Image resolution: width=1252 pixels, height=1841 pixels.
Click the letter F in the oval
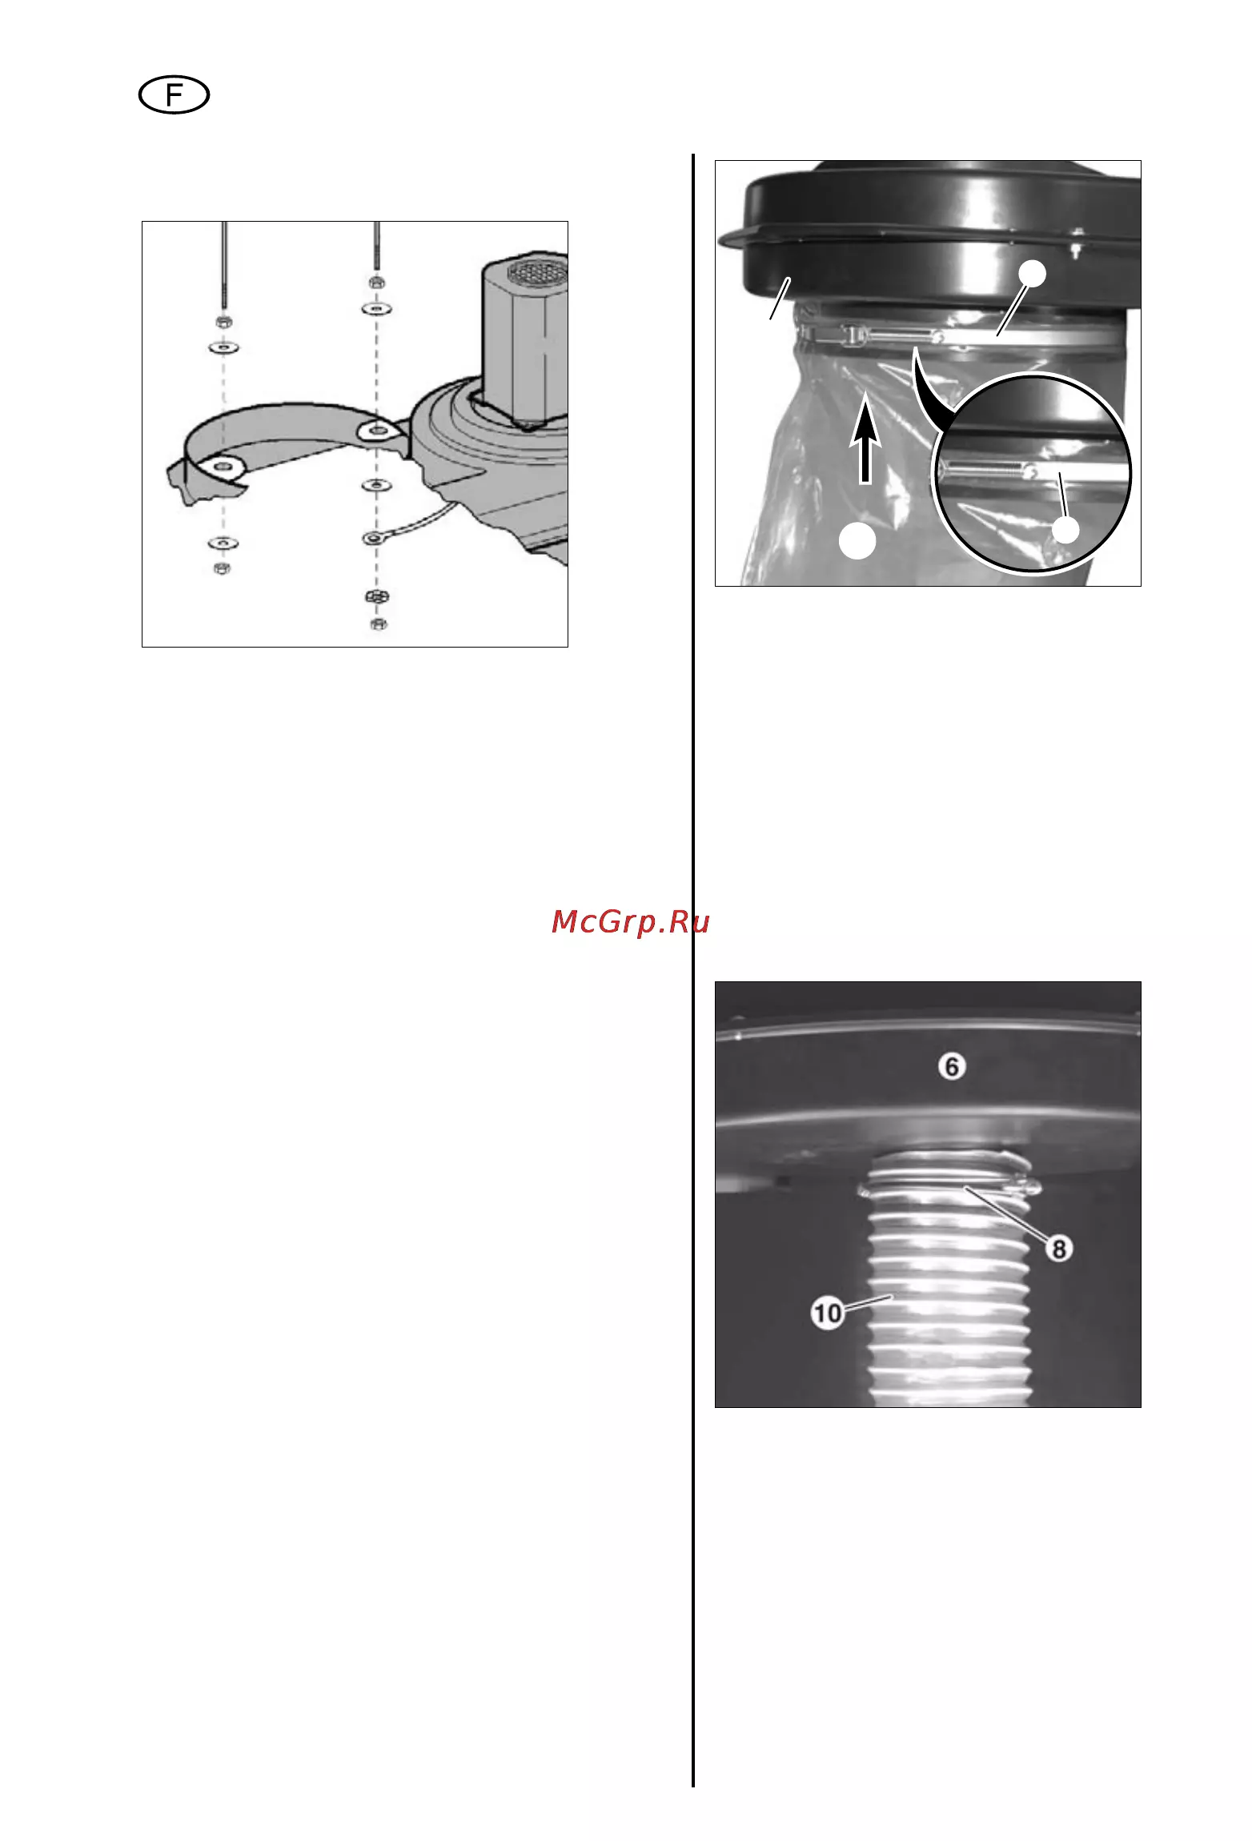coord(174,96)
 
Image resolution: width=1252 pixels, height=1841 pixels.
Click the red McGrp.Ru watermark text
coord(631,922)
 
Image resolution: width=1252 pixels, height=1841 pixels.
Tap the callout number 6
coord(951,1066)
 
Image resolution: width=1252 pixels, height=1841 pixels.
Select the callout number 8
coord(1059,1248)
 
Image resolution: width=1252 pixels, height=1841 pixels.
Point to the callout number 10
coord(828,1313)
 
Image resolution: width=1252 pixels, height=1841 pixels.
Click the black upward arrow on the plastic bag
coord(865,443)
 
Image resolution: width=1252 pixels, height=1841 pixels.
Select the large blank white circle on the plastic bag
coord(857,542)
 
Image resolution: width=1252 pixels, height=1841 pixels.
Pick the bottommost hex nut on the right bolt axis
coord(379,624)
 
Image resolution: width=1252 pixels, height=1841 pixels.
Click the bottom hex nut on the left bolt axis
coord(223,568)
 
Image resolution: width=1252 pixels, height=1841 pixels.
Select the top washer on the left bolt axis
coord(223,348)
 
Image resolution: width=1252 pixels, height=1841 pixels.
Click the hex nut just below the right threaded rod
coord(375,282)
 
